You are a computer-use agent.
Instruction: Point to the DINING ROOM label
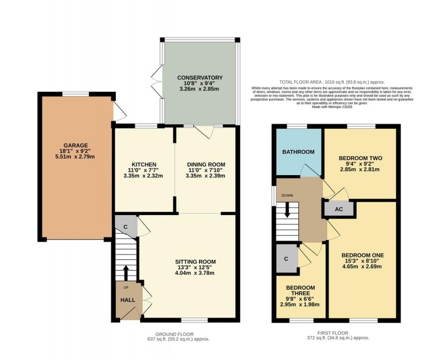tap(206, 164)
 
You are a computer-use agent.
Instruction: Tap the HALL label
tap(127, 300)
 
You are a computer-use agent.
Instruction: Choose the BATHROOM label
tap(297, 151)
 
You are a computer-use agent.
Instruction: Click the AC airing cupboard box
tap(339, 209)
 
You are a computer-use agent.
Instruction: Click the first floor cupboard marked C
tap(286, 259)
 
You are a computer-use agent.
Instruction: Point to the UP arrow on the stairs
tap(125, 274)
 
